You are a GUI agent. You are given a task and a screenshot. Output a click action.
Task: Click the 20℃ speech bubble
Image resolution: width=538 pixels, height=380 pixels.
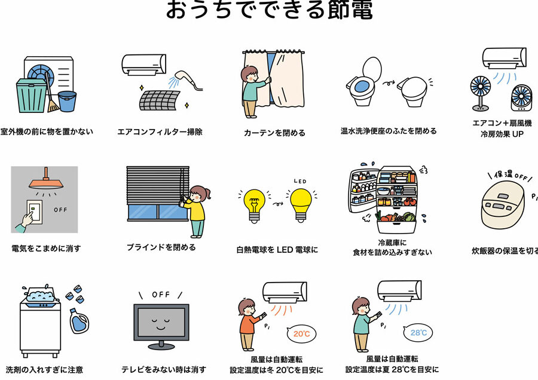pos(299,335)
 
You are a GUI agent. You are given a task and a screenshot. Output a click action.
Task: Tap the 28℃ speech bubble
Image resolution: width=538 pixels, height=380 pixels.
pos(418,333)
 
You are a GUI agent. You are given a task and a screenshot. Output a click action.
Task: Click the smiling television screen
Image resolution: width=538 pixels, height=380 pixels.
pos(161,324)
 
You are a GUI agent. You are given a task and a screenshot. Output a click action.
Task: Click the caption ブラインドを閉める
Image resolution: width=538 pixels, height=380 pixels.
pos(161,247)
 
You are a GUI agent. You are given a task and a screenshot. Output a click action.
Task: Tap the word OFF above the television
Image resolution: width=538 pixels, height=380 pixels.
pos(161,295)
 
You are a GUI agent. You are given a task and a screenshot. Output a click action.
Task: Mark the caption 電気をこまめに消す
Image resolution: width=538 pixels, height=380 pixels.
pos(46,248)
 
